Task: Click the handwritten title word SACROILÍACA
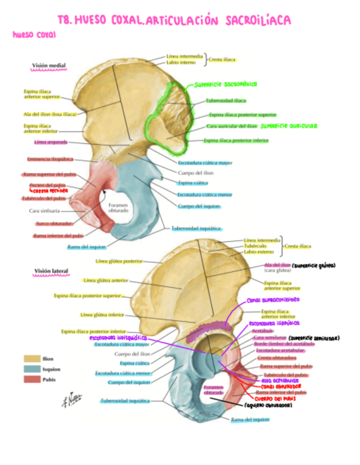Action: [257, 21]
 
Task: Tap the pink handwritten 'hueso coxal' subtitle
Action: [34, 35]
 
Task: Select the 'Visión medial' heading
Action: [49, 66]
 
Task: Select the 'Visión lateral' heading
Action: [50, 271]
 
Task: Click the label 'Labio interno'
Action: [181, 63]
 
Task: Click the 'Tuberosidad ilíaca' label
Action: [226, 101]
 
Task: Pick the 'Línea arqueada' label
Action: [50, 143]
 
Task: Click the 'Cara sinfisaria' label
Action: [44, 210]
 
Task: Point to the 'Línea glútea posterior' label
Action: [118, 261]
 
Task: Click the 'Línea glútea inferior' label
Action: [102, 315]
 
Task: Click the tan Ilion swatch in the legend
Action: [31, 359]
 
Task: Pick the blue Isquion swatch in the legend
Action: [31, 369]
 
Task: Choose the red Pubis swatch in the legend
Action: [31, 379]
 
